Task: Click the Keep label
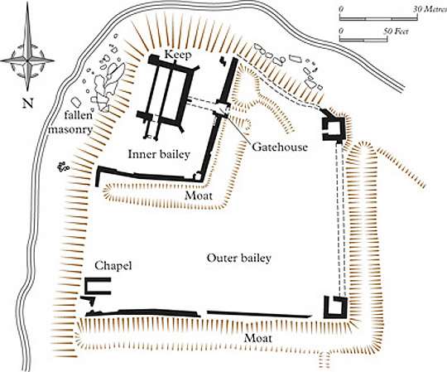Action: (178, 55)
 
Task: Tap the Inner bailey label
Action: (159, 154)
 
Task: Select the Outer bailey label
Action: (239, 258)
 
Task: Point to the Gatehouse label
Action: (280, 147)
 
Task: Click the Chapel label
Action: (113, 266)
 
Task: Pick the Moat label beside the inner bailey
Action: (199, 196)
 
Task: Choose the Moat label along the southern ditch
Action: (258, 338)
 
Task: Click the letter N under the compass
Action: (27, 103)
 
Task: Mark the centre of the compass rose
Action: (27, 60)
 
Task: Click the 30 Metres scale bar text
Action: (430, 9)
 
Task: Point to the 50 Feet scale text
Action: (396, 31)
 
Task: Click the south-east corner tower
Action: (335, 307)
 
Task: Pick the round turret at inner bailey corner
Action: (198, 176)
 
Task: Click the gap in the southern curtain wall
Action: (204, 313)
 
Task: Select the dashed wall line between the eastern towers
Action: (340, 219)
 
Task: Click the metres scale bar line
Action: (378, 18)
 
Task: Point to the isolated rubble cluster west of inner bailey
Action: (63, 167)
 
